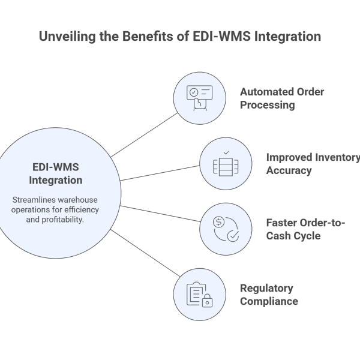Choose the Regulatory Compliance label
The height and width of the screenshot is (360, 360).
pyautogui.click(x=269, y=294)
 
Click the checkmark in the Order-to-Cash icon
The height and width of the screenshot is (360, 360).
pyautogui.click(x=232, y=235)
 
